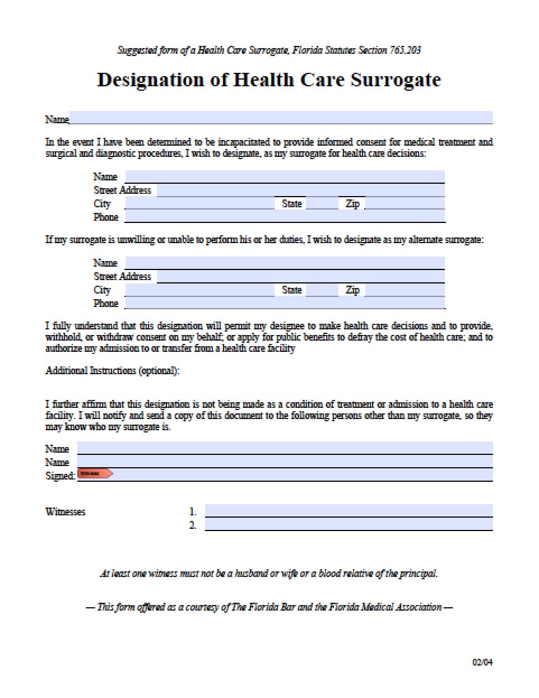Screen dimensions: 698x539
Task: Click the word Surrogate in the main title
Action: click(396, 80)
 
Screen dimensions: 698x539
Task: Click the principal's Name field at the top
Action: click(280, 118)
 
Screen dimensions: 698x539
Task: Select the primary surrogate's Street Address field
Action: click(300, 190)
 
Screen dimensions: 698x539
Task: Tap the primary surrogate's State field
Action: click(322, 203)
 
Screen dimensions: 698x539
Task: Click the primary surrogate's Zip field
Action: click(405, 203)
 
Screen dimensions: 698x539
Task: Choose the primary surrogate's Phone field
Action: click(285, 217)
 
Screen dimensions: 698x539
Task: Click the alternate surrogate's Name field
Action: click(285, 263)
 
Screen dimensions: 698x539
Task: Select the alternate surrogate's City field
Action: click(199, 290)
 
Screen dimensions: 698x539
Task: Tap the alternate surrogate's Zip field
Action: click(405, 290)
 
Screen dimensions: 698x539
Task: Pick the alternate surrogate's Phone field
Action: click(285, 303)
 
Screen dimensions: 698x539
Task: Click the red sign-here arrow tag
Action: click(95, 474)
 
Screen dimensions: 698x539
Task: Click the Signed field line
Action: click(303, 475)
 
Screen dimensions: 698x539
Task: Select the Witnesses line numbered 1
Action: click(349, 511)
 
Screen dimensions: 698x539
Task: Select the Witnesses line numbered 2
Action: click(349, 524)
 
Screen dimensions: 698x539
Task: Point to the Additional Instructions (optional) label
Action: click(112, 371)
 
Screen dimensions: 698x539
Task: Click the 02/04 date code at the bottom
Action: click(482, 663)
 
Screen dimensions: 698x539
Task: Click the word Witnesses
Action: click(65, 511)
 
